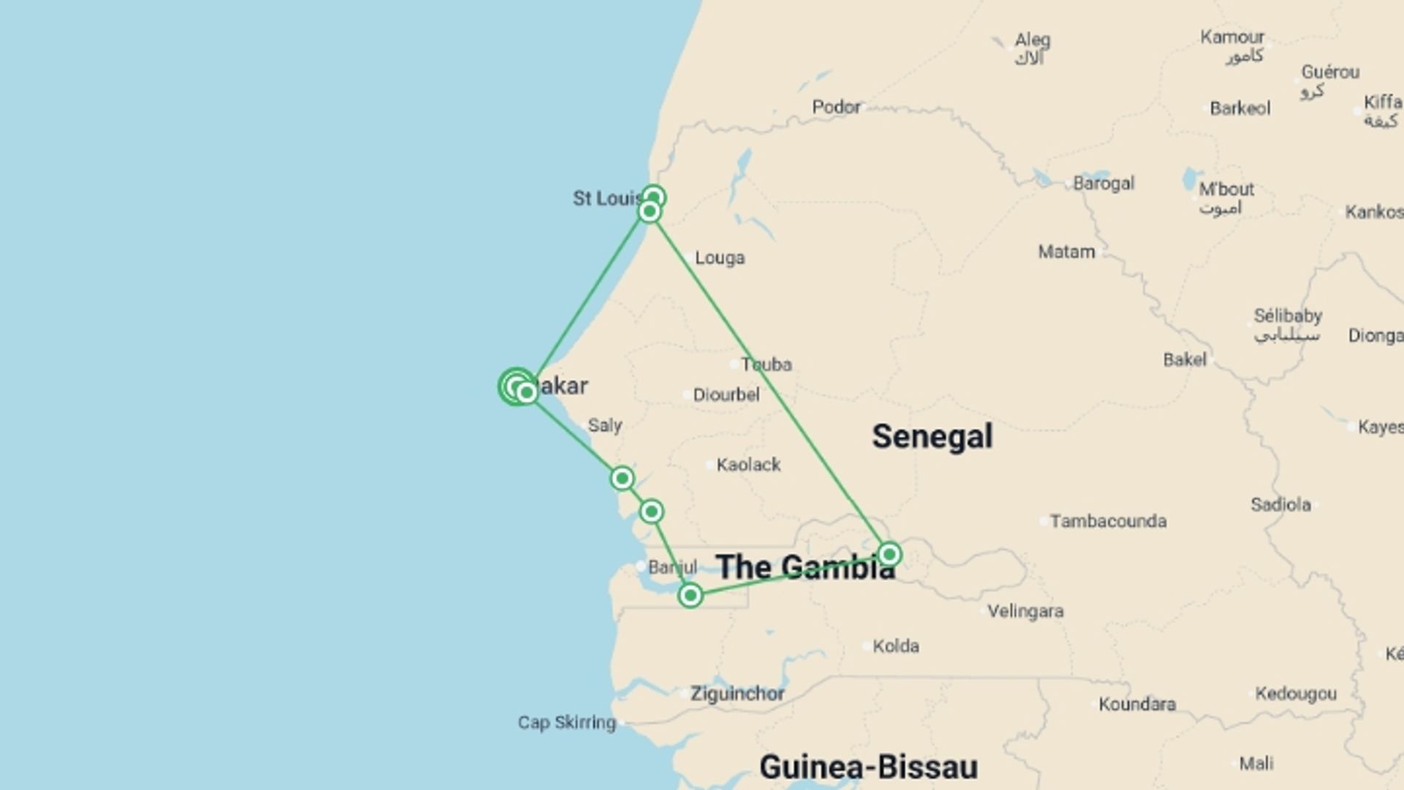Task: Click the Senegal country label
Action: (x=932, y=437)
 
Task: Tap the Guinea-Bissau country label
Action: (x=868, y=767)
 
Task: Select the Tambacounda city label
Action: (x=1108, y=521)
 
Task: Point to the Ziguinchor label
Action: (x=737, y=693)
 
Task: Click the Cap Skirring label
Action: (x=567, y=723)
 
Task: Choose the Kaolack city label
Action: (x=748, y=464)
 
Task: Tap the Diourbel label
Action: (x=726, y=395)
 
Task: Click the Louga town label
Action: (x=720, y=257)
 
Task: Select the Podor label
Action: (x=836, y=107)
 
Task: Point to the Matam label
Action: (x=1066, y=252)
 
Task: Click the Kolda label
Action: (x=896, y=646)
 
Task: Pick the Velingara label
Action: (x=1025, y=611)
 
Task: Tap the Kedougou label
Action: (x=1296, y=693)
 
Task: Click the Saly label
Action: (x=605, y=425)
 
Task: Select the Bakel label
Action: (x=1185, y=359)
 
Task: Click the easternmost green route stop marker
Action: (x=889, y=554)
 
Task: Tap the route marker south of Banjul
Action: (x=690, y=595)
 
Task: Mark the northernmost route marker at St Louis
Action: (x=653, y=197)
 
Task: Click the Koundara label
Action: (x=1137, y=704)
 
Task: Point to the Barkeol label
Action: (x=1240, y=108)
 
